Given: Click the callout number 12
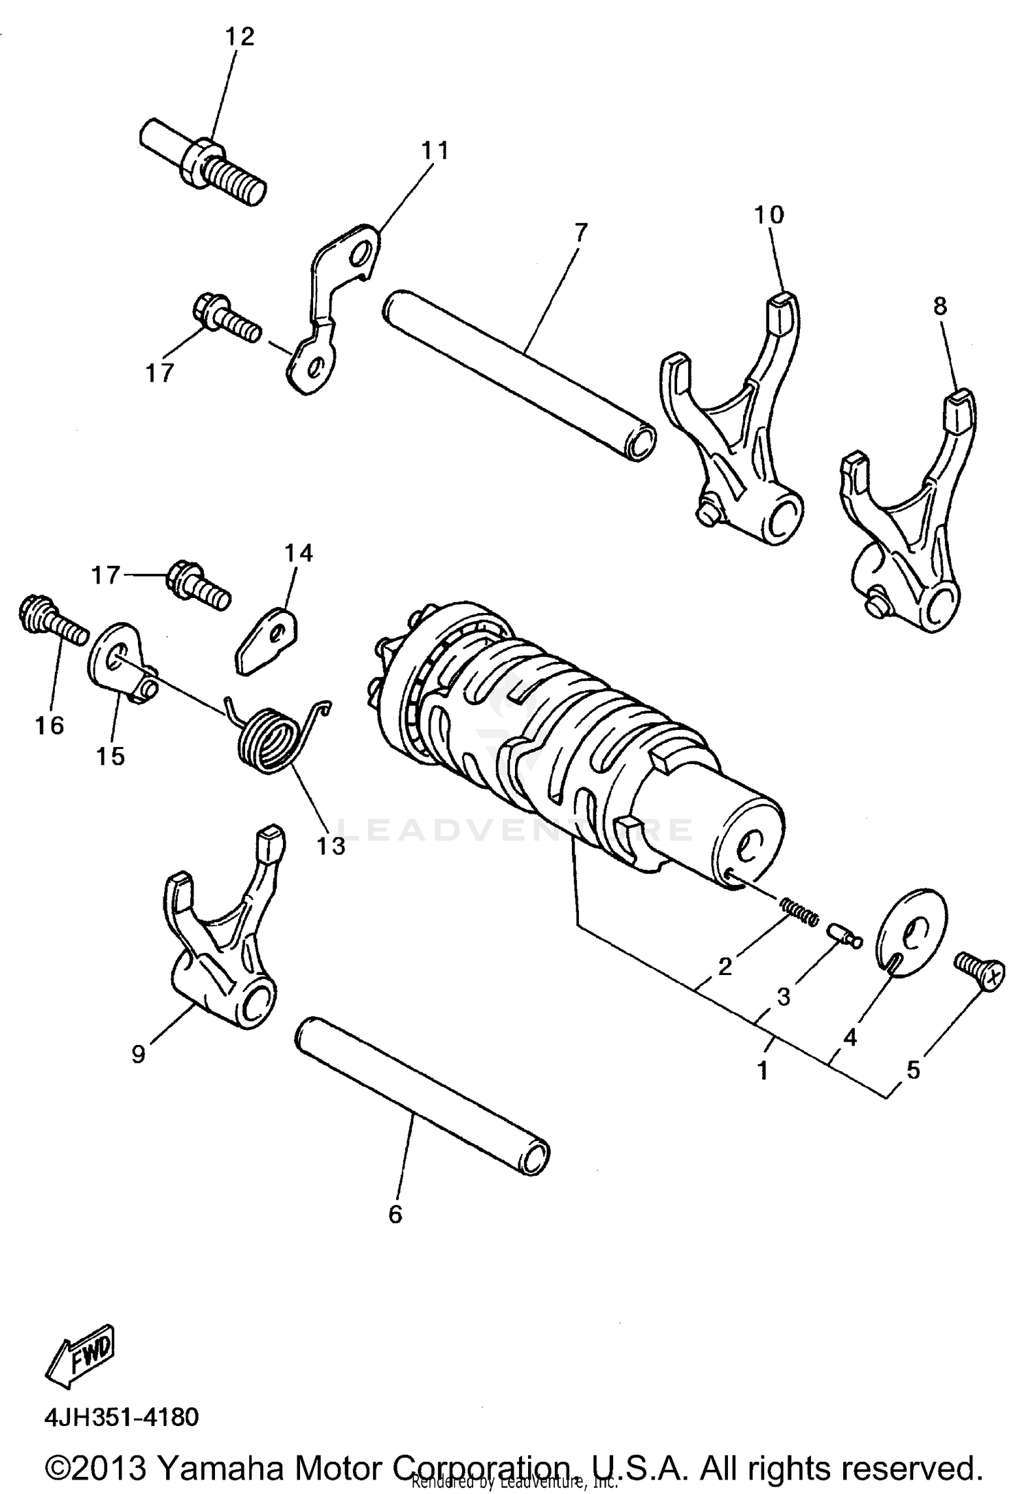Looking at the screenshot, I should coord(240,36).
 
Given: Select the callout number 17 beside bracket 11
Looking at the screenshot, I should coord(159,373).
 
